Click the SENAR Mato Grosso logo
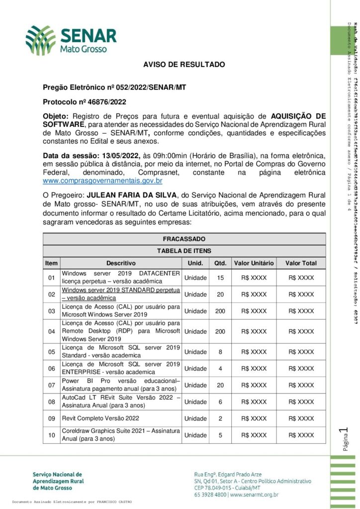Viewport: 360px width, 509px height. pyautogui.click(x=71, y=40)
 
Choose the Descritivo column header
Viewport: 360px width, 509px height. pyautogui.click(x=120, y=263)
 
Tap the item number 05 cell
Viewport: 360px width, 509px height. pyautogui.click(x=51, y=352)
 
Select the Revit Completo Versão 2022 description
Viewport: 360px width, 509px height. pyautogui.click(x=100, y=419)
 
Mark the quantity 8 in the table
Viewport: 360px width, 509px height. pyautogui.click(x=220, y=352)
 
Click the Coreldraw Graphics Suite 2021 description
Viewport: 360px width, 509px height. pyautogui.click(x=120, y=435)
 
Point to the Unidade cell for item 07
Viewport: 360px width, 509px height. pyautogui.click(x=195, y=385)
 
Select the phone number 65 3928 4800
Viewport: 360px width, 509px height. pyautogui.click(x=211, y=495)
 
